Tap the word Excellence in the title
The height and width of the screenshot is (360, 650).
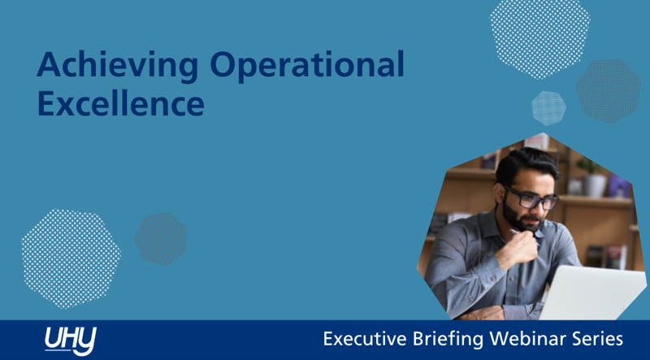119,105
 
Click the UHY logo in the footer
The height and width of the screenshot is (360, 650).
70,340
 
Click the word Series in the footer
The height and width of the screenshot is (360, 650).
596,338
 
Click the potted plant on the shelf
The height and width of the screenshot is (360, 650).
591,174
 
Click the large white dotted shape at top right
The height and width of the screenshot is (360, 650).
539,36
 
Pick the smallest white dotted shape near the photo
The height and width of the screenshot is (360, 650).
548,107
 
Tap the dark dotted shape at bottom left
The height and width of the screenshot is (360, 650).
160,237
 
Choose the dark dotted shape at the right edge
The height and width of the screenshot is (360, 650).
609,90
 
